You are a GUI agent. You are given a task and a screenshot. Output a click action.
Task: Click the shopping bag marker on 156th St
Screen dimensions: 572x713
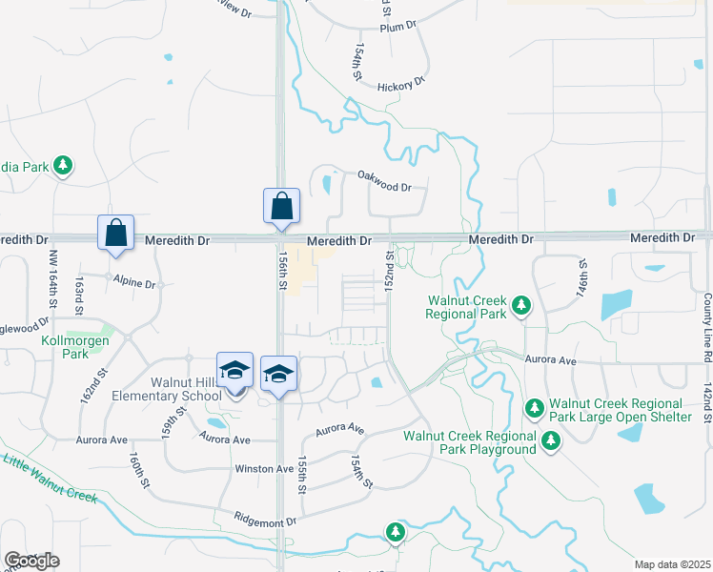(281, 206)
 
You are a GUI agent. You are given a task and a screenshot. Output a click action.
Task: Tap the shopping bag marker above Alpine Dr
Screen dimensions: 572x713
(115, 233)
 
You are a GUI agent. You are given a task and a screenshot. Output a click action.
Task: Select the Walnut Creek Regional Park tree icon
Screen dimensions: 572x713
(520, 306)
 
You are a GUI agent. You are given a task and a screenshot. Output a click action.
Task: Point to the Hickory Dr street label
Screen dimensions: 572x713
(400, 86)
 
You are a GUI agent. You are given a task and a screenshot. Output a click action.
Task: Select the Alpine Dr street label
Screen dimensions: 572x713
(133, 283)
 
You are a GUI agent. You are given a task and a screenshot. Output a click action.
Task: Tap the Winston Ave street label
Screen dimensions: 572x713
(265, 469)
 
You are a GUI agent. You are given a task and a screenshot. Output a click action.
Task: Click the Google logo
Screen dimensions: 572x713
(31, 561)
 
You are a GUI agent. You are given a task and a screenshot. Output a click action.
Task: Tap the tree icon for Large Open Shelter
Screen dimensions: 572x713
(534, 408)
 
